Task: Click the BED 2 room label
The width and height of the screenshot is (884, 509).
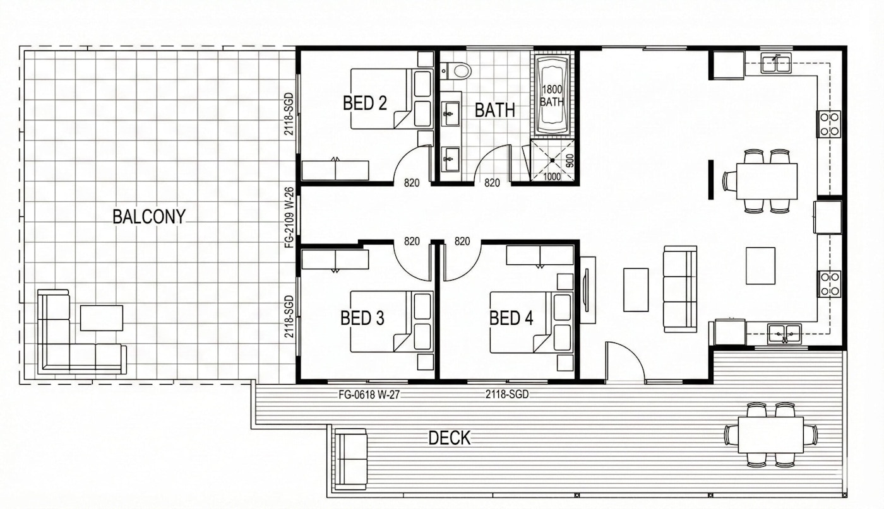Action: click(365, 103)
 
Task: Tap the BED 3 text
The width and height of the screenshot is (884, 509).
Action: click(362, 318)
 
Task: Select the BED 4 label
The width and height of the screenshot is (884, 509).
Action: click(511, 318)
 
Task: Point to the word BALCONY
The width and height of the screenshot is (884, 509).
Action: click(149, 216)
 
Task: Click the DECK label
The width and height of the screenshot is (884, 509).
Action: click(450, 438)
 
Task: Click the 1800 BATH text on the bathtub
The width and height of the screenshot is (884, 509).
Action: click(552, 95)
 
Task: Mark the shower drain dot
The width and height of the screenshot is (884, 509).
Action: click(552, 160)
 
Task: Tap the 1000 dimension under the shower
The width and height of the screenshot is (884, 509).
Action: click(552, 177)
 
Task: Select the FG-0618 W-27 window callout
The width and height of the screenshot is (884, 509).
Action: click(369, 395)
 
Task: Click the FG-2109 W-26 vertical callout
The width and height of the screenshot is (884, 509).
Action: click(289, 217)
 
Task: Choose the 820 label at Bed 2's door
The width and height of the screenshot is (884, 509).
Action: click(412, 183)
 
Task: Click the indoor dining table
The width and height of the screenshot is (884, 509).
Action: click(767, 181)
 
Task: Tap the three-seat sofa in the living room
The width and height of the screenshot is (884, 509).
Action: click(680, 289)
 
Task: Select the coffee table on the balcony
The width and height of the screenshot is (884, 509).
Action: click(102, 318)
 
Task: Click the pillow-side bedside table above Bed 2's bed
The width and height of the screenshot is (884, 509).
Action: click(426, 59)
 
